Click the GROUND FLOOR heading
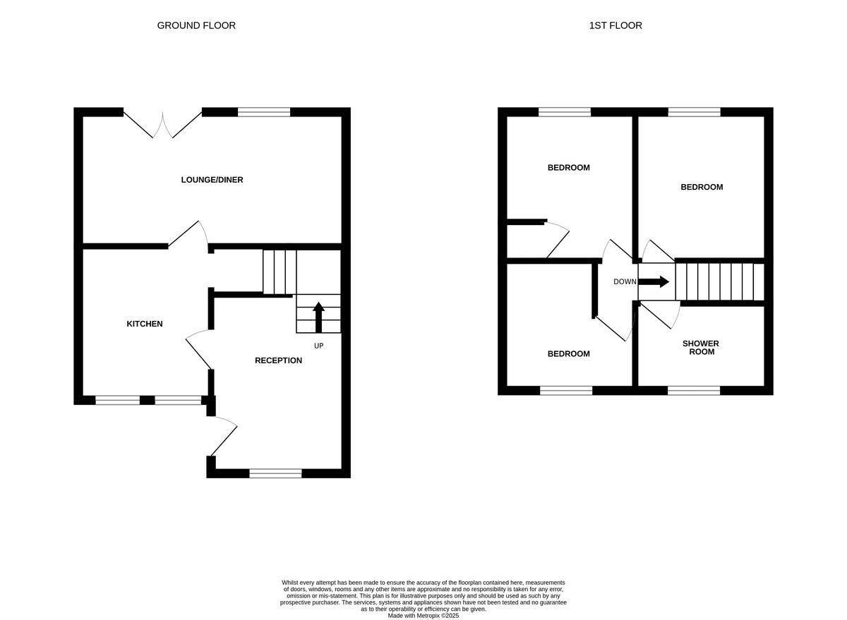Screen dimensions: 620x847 coord(196,25)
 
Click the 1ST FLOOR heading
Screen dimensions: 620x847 coord(615,25)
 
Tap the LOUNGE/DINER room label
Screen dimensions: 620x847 coord(212,180)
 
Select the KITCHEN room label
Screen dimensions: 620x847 coord(145,324)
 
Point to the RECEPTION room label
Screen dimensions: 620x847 coord(278,360)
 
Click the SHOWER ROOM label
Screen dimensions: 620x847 coord(700,348)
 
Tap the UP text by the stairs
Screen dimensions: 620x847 coord(318,346)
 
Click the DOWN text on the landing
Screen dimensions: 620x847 coord(625,281)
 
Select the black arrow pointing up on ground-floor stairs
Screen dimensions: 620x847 coord(318,316)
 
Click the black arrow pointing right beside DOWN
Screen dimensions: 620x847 coord(654,281)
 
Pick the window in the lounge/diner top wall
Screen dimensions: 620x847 coord(264,111)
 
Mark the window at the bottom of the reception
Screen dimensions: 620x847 coord(275,473)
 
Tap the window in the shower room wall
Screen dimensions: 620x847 coord(694,390)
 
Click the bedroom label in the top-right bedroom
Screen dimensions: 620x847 coord(702,187)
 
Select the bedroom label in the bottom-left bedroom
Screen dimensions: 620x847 coord(568,354)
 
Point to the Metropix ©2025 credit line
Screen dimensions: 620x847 coord(423,615)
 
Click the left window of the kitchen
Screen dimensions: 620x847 coord(117,400)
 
